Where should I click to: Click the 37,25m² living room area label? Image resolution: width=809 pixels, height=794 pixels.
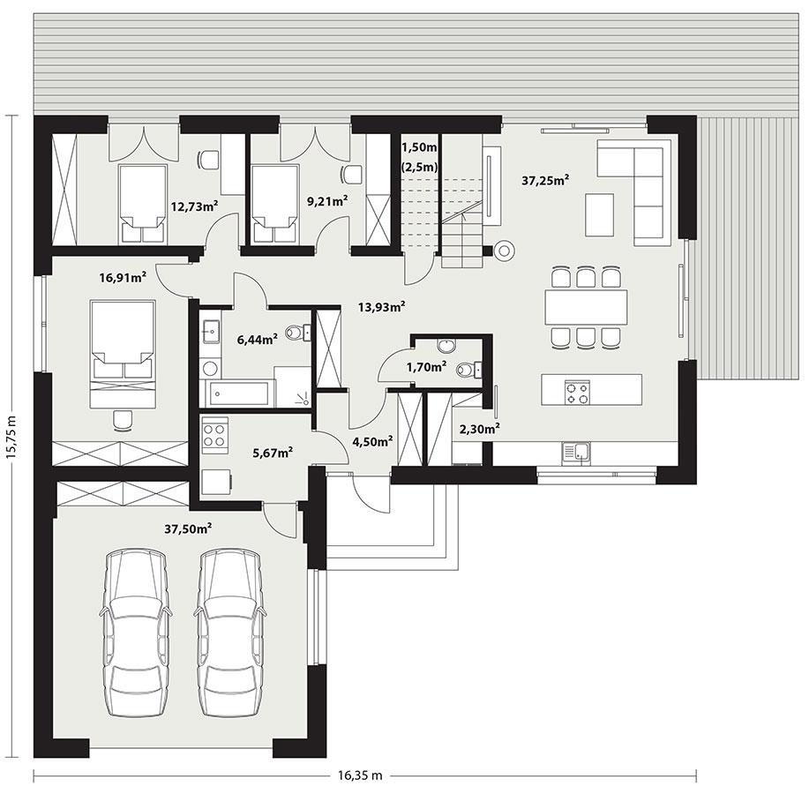544,180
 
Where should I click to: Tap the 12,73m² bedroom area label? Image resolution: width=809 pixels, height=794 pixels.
194,206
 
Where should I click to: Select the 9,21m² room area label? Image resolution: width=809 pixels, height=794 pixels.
326,201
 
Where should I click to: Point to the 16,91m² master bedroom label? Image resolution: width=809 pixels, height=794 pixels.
122,277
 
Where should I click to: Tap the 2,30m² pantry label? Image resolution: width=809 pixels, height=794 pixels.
480,430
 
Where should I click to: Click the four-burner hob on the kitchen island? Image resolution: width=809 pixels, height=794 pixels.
577,392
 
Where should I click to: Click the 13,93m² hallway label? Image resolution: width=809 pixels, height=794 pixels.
381,307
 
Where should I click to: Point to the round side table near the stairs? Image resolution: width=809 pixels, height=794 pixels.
505,251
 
